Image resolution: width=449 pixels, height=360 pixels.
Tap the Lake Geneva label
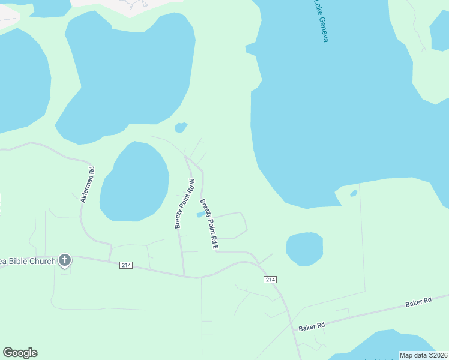(321, 20)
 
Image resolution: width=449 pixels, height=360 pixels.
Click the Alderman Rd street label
(88, 184)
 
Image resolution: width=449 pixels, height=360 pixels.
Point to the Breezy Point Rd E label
(208, 224)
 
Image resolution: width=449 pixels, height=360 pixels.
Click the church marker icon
(65, 260)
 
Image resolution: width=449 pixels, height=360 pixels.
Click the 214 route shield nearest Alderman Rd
(125, 265)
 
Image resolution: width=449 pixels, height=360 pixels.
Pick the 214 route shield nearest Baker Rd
(270, 280)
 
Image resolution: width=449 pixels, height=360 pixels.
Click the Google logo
(20, 353)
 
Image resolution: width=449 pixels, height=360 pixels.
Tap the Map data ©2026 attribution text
(423, 355)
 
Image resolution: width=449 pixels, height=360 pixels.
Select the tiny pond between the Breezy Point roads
(200, 214)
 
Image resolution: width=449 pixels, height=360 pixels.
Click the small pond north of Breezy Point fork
(181, 127)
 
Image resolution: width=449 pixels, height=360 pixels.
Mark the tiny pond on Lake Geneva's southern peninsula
(354, 193)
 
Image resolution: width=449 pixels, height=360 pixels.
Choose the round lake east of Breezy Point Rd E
(304, 248)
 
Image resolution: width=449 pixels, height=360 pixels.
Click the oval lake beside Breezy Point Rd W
(134, 182)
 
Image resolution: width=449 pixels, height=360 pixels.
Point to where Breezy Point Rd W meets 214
(184, 277)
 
